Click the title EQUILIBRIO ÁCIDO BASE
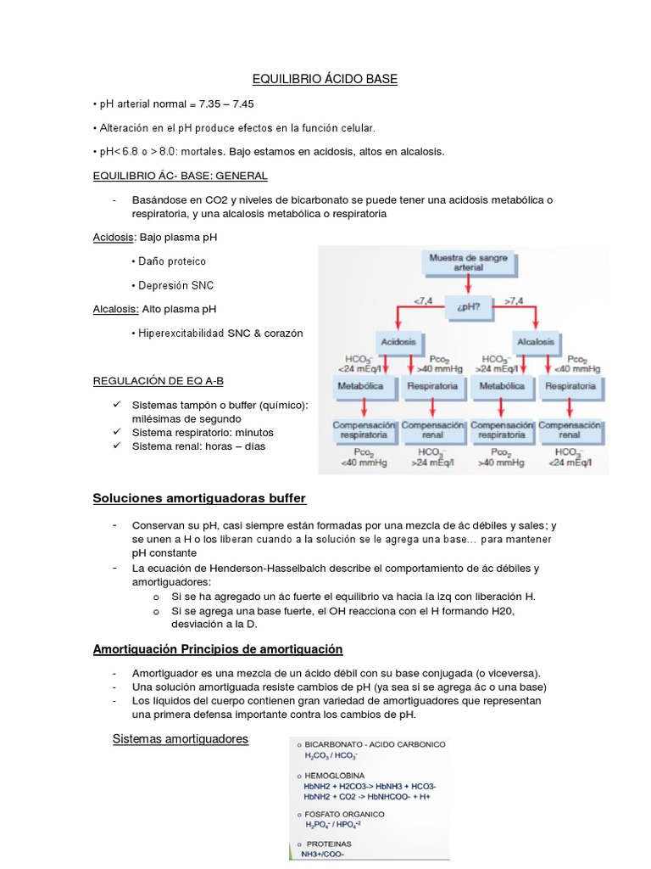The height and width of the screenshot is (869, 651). click(x=325, y=79)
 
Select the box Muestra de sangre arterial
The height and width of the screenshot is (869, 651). click(x=467, y=262)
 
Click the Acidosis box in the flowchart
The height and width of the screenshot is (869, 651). click(x=398, y=341)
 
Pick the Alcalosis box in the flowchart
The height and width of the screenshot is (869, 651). click(x=535, y=341)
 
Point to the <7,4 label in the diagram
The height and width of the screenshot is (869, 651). click(x=423, y=300)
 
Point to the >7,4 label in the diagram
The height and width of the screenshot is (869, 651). click(x=514, y=300)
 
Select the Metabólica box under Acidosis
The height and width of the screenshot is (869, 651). click(x=360, y=385)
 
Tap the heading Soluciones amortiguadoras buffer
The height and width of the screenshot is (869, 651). click(x=199, y=497)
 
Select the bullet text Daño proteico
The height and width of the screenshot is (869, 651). click(x=172, y=261)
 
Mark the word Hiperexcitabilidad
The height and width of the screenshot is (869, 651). click(x=175, y=334)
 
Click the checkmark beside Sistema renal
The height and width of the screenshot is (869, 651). click(x=116, y=446)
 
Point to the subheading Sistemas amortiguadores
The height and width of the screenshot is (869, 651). click(x=181, y=739)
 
